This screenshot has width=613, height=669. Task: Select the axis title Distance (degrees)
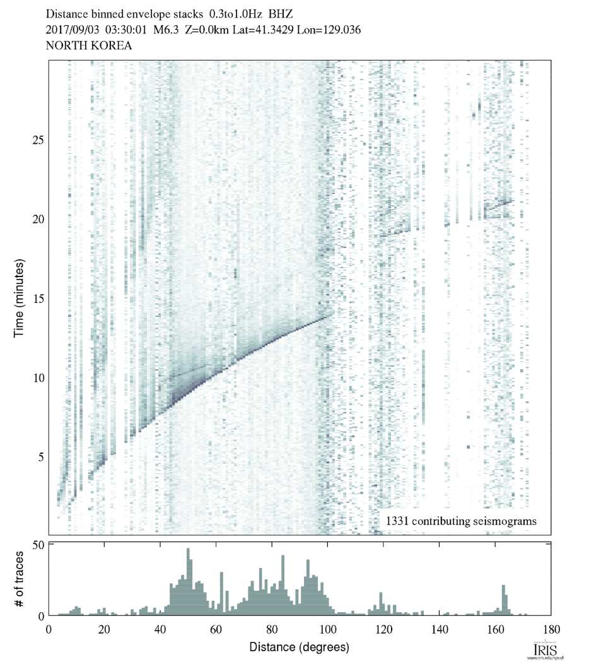[x=299, y=647]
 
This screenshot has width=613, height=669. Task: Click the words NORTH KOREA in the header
[x=88, y=46]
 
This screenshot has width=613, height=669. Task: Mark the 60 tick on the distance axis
[x=216, y=629]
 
